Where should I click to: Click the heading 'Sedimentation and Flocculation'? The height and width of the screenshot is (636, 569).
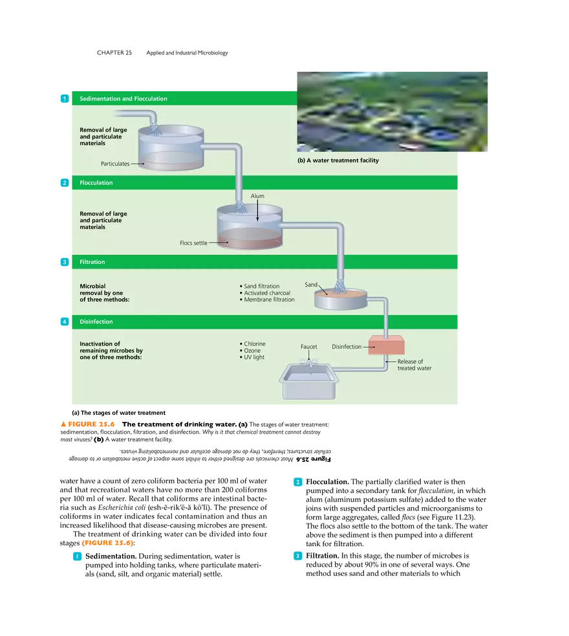click(123, 99)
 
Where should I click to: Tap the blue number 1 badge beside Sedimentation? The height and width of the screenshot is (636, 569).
click(63, 99)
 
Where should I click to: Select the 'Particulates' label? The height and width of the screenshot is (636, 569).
click(115, 164)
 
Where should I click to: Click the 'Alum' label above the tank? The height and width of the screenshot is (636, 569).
click(257, 196)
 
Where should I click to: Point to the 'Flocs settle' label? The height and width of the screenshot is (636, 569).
click(193, 243)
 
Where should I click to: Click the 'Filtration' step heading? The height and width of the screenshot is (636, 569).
click(92, 262)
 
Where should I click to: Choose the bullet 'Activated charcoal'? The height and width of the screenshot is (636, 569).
click(266, 293)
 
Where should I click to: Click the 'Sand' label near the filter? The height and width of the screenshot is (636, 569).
click(311, 285)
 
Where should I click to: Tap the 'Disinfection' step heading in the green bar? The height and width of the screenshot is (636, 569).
click(96, 322)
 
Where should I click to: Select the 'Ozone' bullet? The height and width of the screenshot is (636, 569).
click(252, 351)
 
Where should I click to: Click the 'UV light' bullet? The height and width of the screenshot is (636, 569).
click(253, 357)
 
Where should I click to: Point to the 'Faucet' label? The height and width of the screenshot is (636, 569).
click(309, 347)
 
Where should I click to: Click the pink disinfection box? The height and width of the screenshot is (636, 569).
click(386, 345)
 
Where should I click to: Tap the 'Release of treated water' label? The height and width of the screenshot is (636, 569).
click(414, 365)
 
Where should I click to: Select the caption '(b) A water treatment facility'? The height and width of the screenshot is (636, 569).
click(338, 160)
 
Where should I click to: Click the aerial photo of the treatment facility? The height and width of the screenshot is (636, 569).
click(393, 111)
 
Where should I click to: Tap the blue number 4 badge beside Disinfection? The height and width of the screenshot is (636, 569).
click(63, 322)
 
